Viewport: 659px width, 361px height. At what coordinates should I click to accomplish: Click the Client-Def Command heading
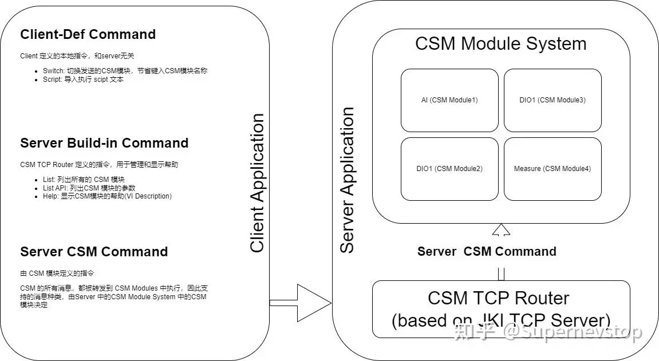(88, 34)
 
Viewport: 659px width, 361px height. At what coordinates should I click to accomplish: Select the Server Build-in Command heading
(104, 143)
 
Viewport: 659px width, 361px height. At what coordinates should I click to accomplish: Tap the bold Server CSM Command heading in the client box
(94, 252)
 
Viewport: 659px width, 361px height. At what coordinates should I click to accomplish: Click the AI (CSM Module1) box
(449, 100)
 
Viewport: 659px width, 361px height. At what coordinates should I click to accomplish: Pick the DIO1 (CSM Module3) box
(553, 100)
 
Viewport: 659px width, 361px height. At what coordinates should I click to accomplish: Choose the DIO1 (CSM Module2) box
(449, 169)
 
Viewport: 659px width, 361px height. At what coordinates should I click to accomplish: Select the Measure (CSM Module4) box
(553, 169)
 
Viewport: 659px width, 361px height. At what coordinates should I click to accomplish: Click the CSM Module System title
(501, 44)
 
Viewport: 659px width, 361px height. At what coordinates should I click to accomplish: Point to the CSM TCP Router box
(502, 310)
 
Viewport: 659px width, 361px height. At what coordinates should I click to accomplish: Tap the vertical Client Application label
(257, 183)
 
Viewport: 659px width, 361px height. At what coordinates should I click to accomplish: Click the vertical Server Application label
(347, 180)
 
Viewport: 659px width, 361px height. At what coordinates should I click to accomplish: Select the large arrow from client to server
(300, 303)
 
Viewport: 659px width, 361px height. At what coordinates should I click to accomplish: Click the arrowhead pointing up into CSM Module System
(501, 229)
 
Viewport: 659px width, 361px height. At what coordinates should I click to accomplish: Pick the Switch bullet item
(125, 71)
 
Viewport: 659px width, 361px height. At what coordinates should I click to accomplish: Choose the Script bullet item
(83, 80)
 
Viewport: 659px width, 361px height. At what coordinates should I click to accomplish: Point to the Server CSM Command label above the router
(487, 251)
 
